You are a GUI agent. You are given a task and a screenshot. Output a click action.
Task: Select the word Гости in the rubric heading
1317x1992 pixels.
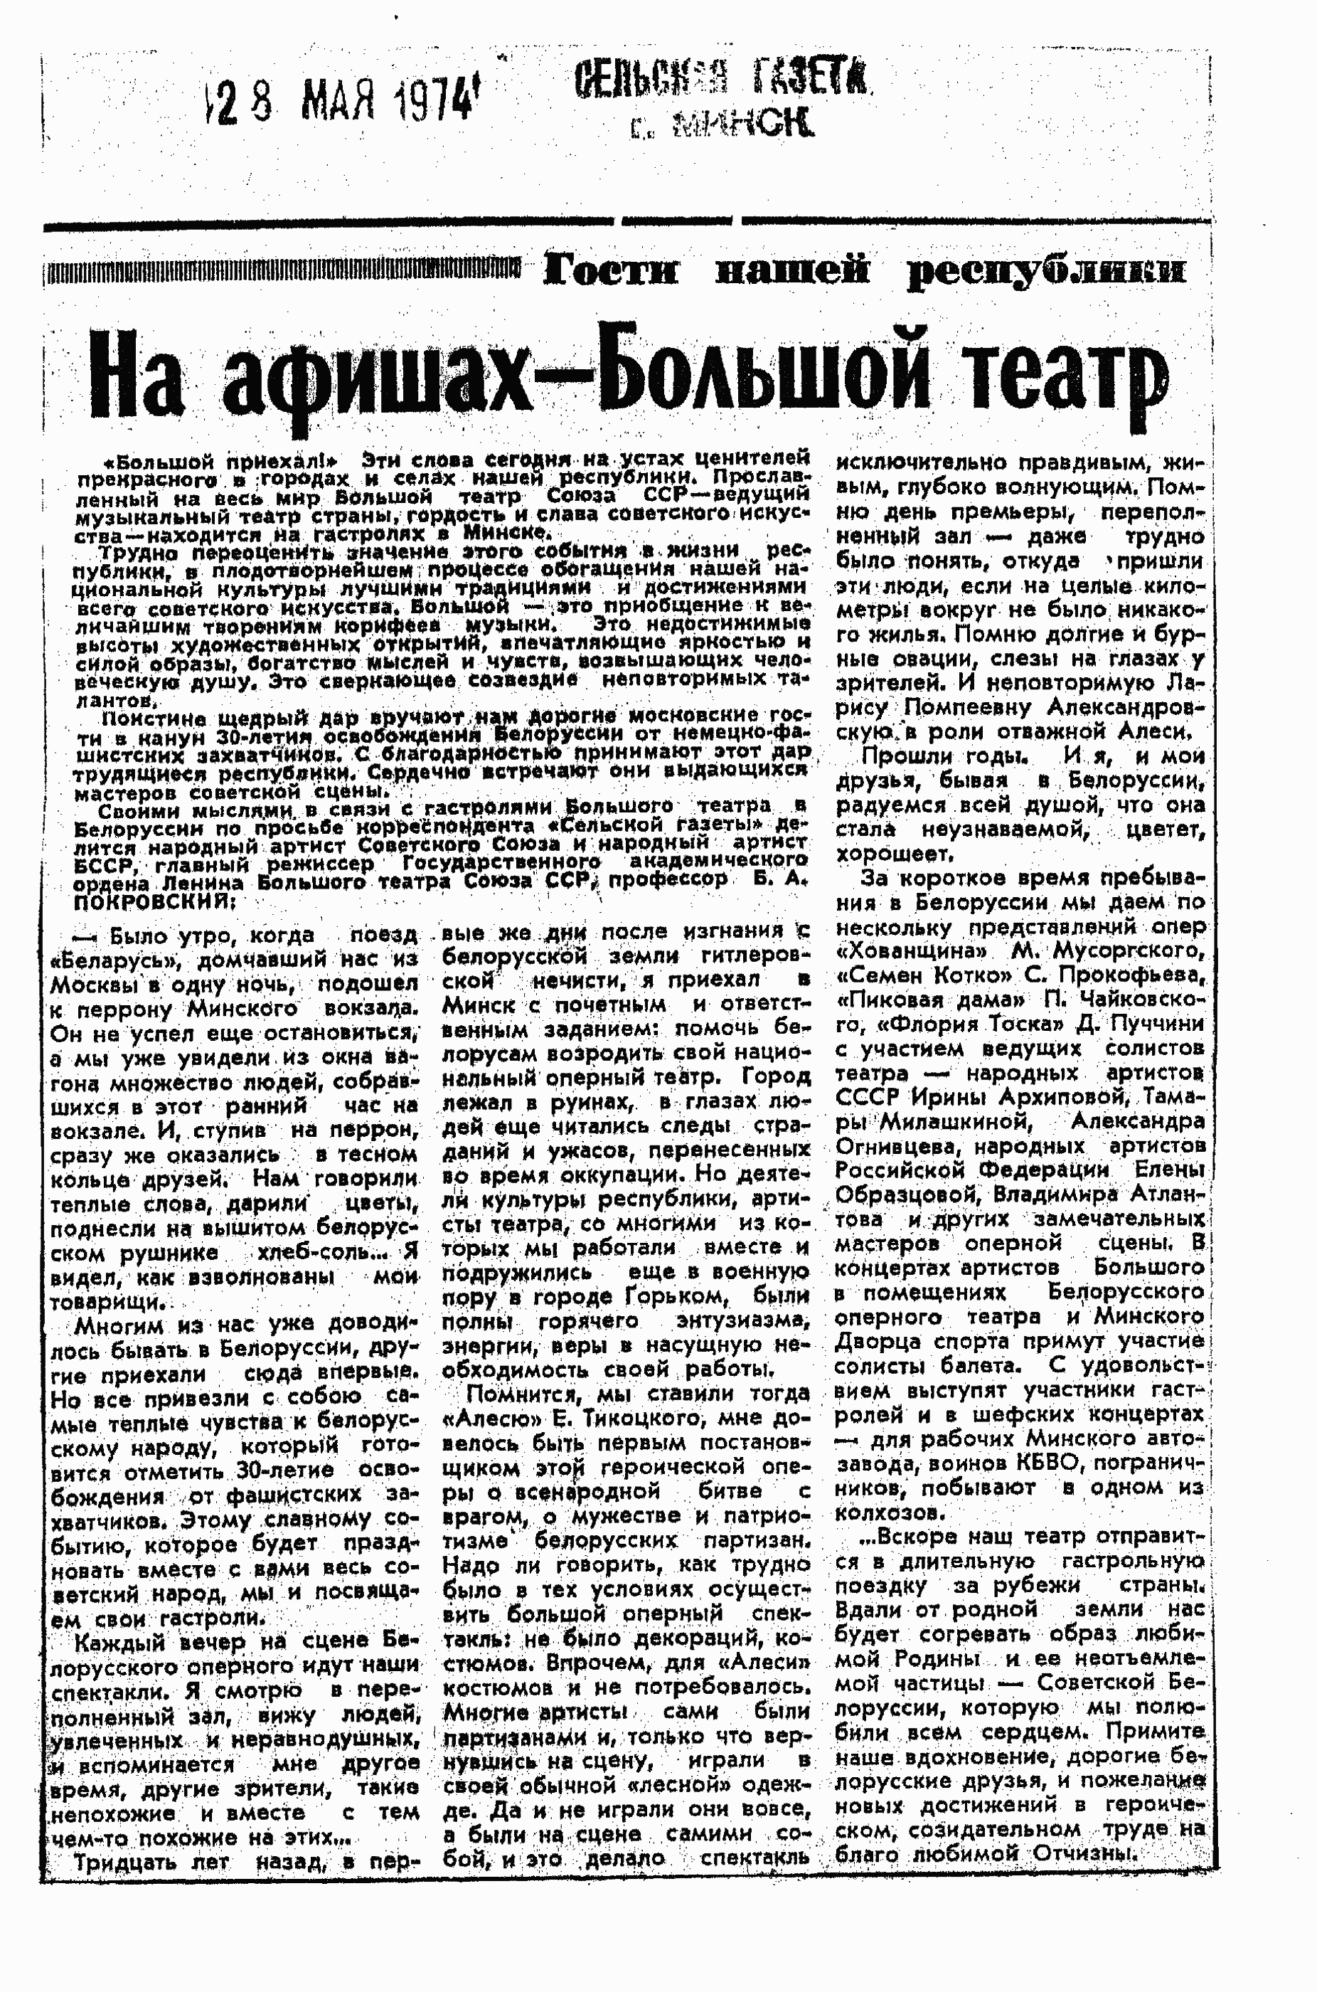(x=611, y=271)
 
